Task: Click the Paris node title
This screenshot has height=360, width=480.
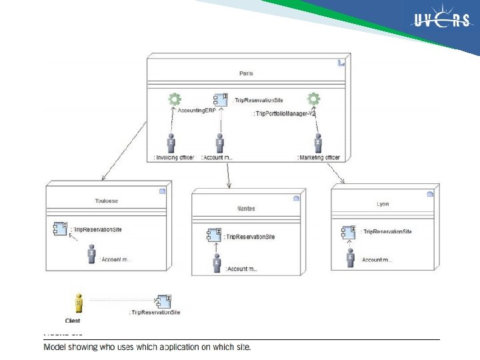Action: click(x=245, y=73)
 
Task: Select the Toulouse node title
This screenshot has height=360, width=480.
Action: click(x=107, y=200)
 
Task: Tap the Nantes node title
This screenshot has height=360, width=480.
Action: click(x=246, y=209)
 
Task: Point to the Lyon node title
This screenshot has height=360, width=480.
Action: click(x=383, y=204)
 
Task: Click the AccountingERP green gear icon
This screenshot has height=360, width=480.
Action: click(x=175, y=100)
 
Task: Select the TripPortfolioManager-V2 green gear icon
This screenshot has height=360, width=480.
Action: click(x=313, y=100)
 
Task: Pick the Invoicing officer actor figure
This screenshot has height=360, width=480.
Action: click(x=171, y=143)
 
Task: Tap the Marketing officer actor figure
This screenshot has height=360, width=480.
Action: click(x=319, y=143)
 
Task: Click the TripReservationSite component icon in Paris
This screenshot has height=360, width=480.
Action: click(x=221, y=99)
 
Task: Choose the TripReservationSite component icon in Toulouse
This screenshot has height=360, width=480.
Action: click(x=60, y=229)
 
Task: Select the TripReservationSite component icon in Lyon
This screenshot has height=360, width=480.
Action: click(x=349, y=231)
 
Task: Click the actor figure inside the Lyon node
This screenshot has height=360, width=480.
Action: click(x=350, y=257)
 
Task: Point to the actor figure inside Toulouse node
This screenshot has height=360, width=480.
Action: click(x=91, y=254)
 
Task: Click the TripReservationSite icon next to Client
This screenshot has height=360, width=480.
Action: click(x=163, y=301)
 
